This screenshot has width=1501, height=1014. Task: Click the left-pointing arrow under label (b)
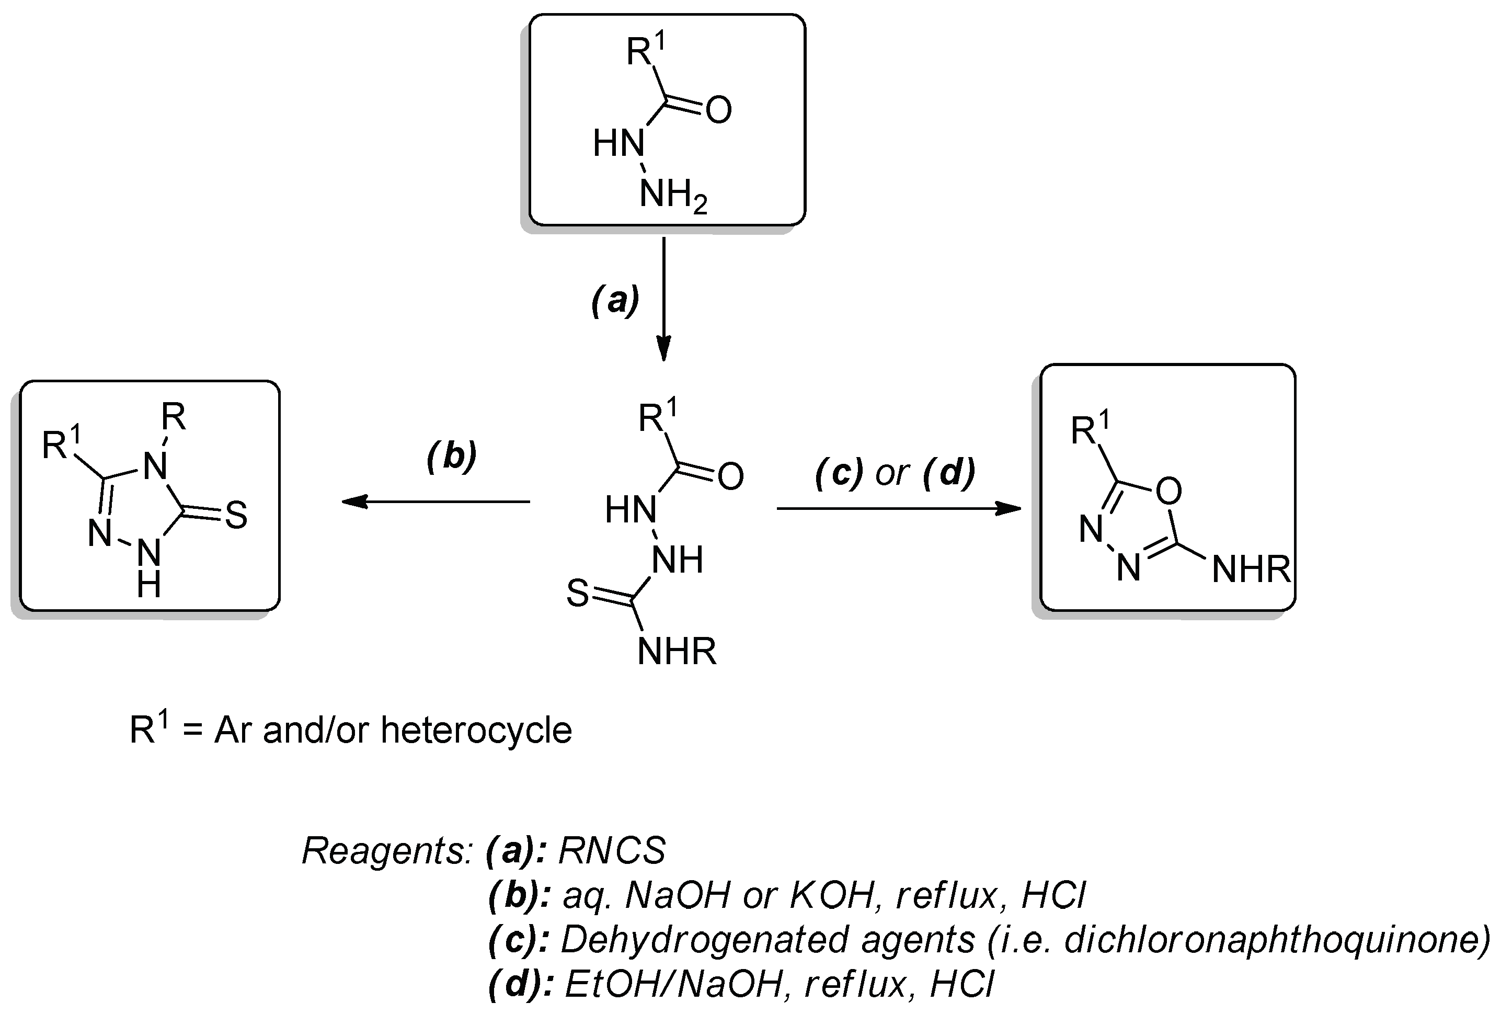tap(436, 501)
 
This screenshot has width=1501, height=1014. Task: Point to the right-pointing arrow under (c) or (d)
tap(898, 508)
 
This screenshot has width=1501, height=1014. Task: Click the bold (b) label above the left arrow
tap(452, 456)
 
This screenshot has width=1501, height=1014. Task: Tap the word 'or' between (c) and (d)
tap(892, 473)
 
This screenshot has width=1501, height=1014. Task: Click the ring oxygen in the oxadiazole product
tap(1168, 492)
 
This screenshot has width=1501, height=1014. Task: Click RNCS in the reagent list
tap(611, 851)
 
